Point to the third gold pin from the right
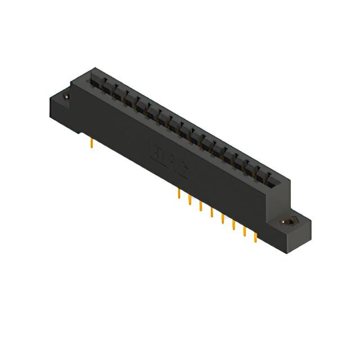(x=233, y=226)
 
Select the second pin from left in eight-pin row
(x=190, y=201)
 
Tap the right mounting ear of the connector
(x=292, y=228)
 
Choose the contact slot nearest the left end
(x=96, y=82)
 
